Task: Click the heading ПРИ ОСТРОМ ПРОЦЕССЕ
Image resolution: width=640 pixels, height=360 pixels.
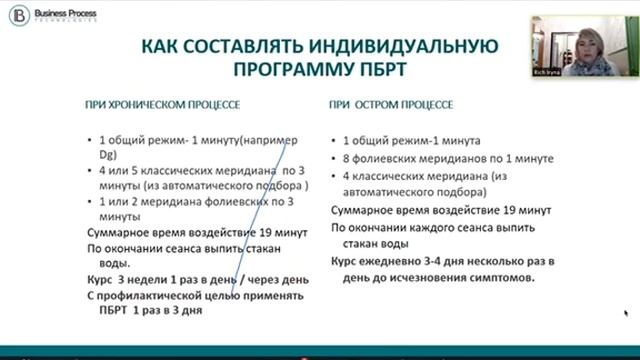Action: coord(390,103)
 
